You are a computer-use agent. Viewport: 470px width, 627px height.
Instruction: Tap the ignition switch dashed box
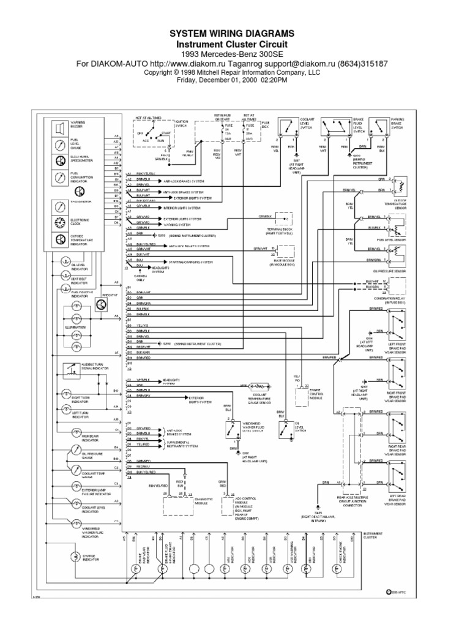152,132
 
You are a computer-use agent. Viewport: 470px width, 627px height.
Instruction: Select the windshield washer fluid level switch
233,429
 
